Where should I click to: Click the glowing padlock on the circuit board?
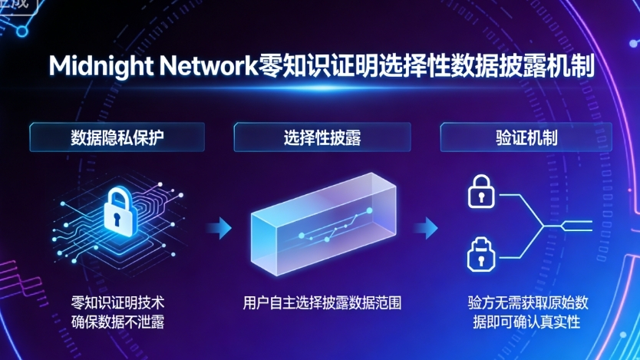click(x=117, y=214)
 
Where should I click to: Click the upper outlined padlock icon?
click(x=479, y=193)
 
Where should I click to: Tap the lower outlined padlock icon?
click(x=479, y=253)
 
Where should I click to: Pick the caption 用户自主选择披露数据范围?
click(x=323, y=302)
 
